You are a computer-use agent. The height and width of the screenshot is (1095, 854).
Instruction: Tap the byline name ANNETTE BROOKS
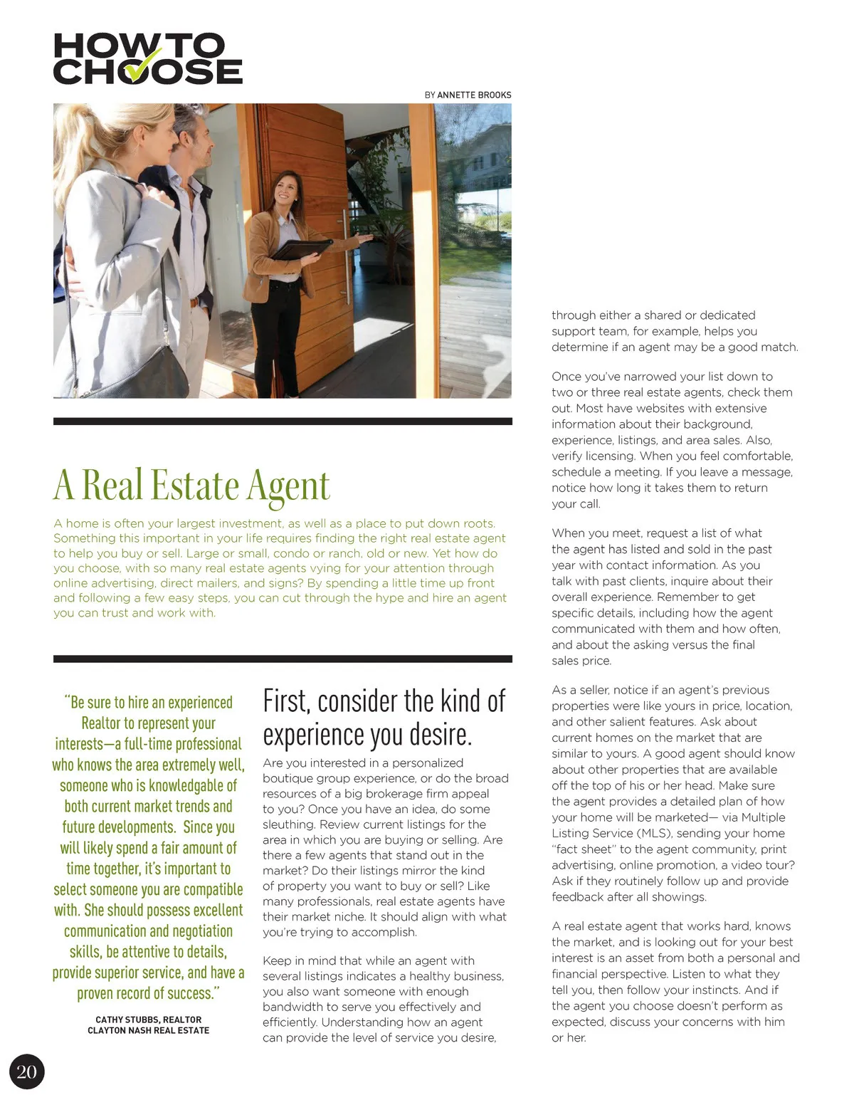pos(474,95)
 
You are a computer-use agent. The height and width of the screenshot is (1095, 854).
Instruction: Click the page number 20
pos(26,1072)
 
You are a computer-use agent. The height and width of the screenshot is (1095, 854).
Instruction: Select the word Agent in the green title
pos(288,486)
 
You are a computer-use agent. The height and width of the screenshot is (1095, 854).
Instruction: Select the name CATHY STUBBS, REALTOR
pos(148,1020)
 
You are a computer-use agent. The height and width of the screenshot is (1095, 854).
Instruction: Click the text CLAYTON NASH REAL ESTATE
pos(148,1030)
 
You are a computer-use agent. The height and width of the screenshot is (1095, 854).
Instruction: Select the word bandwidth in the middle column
pos(295,1007)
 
